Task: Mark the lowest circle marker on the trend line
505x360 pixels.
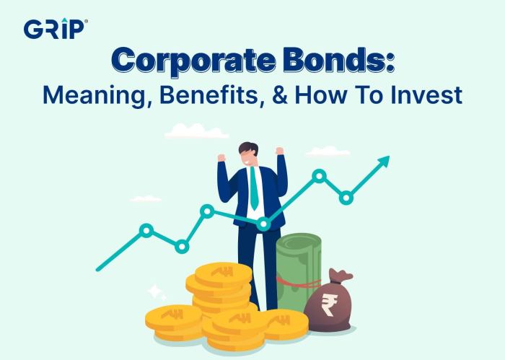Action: point(182,247)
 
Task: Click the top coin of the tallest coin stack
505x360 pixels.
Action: point(219,273)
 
